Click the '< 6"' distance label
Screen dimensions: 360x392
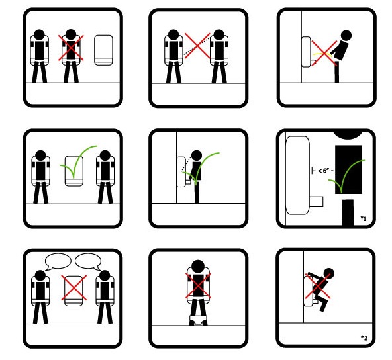point(323,171)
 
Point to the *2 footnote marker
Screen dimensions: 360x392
point(364,338)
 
